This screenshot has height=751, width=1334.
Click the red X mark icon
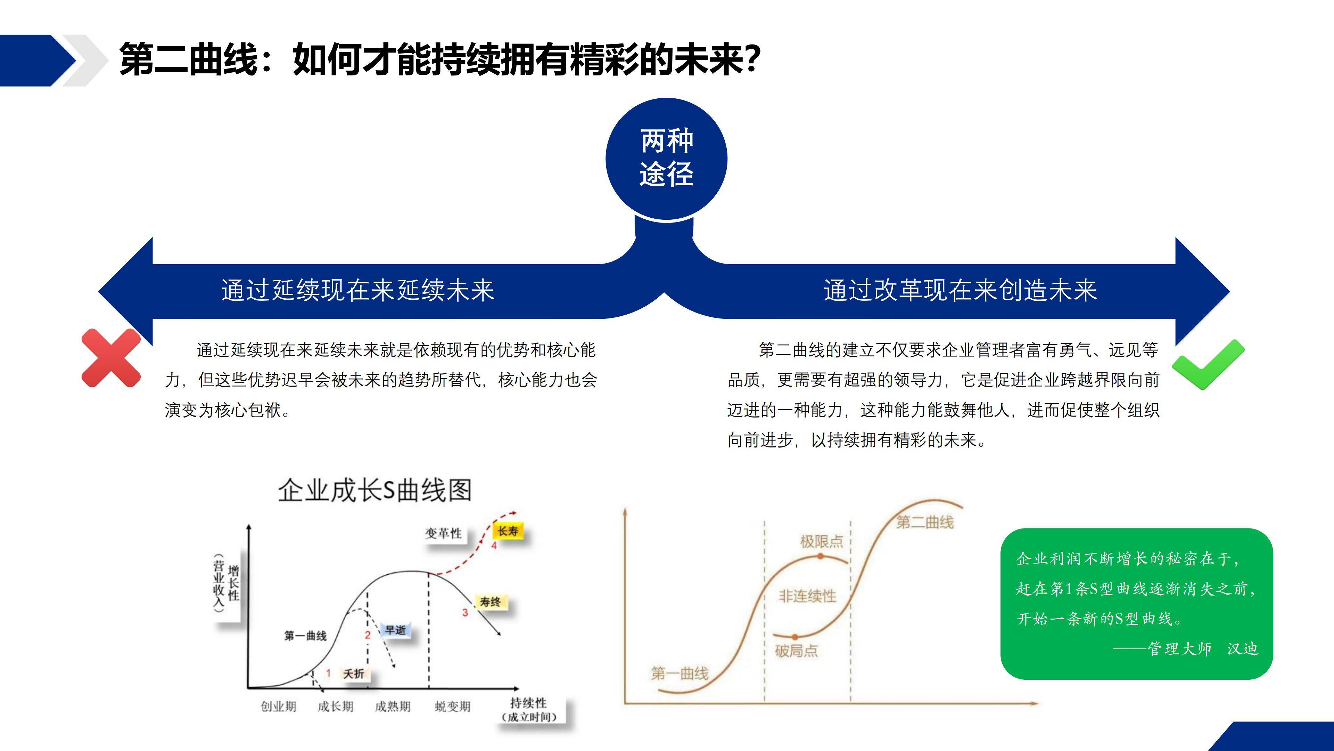tap(111, 358)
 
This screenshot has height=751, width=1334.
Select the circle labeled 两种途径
tap(667, 159)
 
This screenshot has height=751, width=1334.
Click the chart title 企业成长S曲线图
tap(375, 490)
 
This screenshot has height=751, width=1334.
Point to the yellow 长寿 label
tap(508, 531)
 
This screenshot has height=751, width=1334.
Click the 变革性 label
tap(443, 533)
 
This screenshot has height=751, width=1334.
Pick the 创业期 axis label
tap(279, 706)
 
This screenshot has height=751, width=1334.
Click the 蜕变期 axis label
tap(453, 706)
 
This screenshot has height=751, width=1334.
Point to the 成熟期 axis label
tap(393, 706)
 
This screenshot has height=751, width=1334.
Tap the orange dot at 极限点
tap(820, 556)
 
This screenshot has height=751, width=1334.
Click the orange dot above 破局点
tap(795, 637)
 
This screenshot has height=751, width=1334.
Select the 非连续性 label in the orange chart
tap(807, 596)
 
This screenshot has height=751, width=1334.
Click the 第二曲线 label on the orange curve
tap(925, 522)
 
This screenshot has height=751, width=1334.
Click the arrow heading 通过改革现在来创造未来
tap(960, 290)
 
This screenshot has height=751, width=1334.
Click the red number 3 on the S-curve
tap(465, 613)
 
